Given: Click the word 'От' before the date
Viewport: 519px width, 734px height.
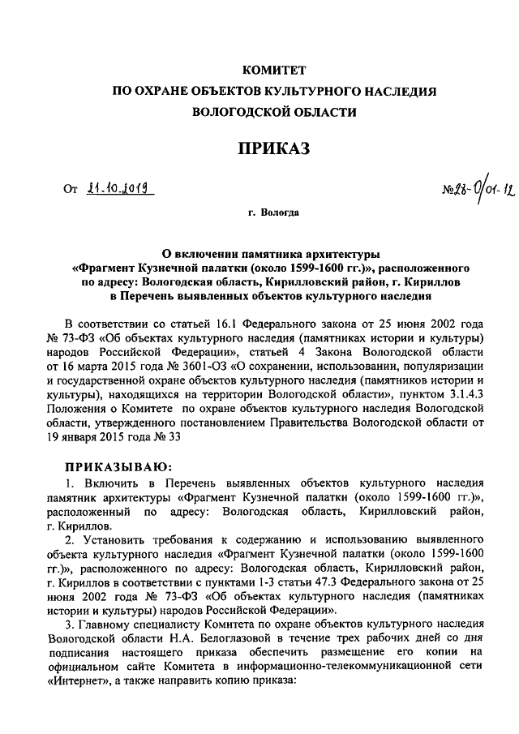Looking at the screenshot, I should coord(70,190).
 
